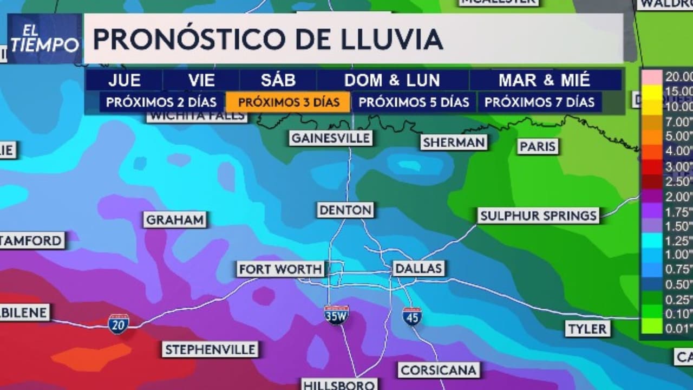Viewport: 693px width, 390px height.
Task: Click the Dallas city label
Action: pos(418,268)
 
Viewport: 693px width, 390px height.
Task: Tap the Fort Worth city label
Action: pos(281,269)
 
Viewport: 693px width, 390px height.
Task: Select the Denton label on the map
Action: pos(345,210)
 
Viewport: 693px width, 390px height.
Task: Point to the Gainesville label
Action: pos(331,138)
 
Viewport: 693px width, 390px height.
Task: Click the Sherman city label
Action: pos(454,142)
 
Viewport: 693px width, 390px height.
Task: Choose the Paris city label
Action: pos(538,146)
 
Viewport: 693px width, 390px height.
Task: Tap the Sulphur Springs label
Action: pos(538,216)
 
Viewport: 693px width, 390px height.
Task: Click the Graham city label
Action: pos(175,220)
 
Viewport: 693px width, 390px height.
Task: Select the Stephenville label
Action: pos(210,349)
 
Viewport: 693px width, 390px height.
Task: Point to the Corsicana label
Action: pos(439,370)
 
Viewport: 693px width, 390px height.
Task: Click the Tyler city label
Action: pos(587,328)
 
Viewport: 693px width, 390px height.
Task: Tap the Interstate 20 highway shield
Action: pos(118,323)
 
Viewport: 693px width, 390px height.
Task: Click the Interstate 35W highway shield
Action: pos(336,315)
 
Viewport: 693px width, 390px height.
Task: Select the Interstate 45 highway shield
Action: pos(412,316)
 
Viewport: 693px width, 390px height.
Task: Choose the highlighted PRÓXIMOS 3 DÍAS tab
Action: pos(289,102)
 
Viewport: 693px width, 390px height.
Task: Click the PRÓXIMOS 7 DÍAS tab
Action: pos(539,102)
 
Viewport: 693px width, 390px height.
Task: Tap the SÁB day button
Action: pos(278,81)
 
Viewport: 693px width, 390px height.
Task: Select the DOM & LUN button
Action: pos(393,81)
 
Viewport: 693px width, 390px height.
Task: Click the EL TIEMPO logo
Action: pos(44,39)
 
